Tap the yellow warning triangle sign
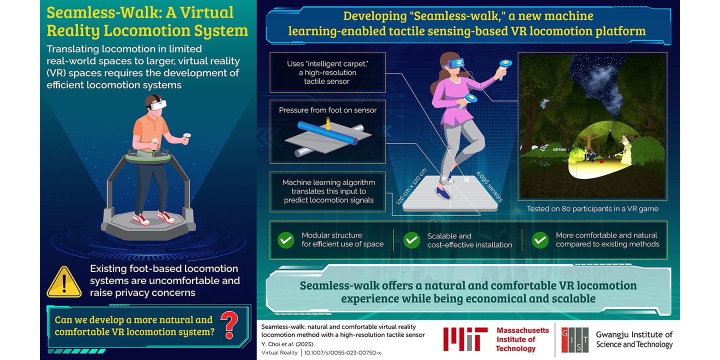pos(64,283)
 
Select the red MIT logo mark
pos(465,339)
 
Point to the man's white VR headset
pos(157,104)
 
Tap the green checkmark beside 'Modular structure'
pos(286,240)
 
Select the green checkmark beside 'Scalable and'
pos(411,240)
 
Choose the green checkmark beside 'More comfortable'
pos(540,240)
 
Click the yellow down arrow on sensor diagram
pos(327,124)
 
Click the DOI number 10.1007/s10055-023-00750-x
pos(342,352)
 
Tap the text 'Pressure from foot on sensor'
pos(327,110)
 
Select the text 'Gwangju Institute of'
pos(634,334)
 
